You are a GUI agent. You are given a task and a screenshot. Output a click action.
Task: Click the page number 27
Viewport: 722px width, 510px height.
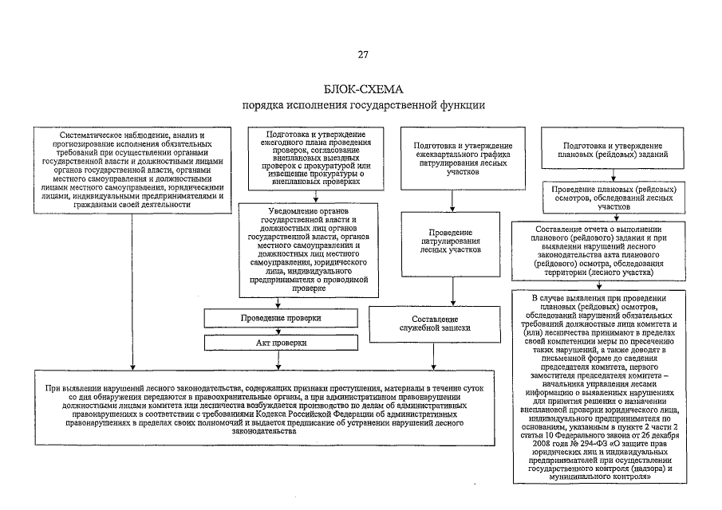pos(363,54)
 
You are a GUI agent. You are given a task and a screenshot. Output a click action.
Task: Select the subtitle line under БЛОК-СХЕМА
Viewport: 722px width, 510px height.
pos(363,105)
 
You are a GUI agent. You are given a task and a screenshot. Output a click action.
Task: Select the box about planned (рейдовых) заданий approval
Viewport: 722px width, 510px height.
pos(614,151)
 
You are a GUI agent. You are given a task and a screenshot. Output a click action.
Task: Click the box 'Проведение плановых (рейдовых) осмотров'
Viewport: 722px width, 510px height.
pos(614,195)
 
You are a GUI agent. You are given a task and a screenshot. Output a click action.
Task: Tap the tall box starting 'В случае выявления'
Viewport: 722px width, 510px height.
pos(614,388)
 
